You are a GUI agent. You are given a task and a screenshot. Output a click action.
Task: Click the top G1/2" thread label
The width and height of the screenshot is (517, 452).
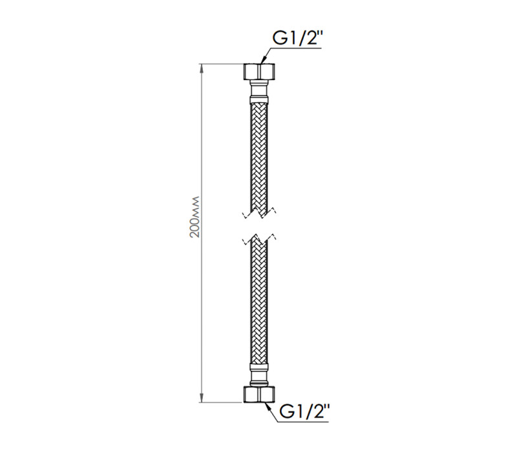click(x=297, y=38)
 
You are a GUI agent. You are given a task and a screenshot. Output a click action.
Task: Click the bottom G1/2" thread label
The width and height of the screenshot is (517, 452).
click(x=304, y=411)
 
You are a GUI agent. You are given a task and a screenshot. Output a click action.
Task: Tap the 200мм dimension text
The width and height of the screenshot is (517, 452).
click(x=195, y=217)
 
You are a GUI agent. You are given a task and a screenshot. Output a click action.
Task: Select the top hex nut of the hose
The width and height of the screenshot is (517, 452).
click(x=259, y=71)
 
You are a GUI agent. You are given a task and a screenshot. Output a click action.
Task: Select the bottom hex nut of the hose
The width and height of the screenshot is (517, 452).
click(x=259, y=394)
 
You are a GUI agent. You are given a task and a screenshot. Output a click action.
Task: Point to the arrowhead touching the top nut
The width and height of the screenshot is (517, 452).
click(x=263, y=60)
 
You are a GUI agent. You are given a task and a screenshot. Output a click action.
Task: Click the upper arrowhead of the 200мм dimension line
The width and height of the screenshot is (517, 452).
click(x=202, y=68)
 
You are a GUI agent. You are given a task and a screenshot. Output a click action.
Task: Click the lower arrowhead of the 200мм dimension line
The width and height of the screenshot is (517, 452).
click(x=202, y=398)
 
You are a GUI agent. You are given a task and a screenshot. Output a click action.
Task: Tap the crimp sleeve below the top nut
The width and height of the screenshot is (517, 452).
click(x=259, y=99)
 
